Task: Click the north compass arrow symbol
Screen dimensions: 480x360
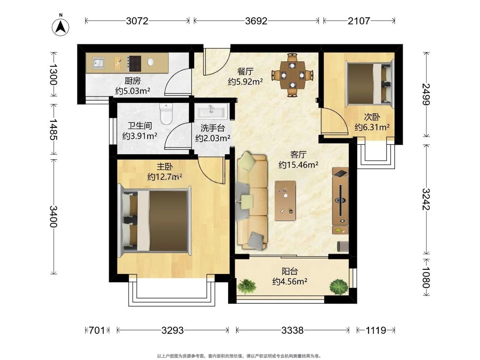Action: click(60, 27)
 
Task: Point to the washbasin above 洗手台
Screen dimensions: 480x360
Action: click(211, 111)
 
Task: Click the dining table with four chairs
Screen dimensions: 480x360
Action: click(292, 75)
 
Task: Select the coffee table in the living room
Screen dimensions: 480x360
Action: click(285, 200)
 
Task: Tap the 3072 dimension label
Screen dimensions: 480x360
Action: click(137, 21)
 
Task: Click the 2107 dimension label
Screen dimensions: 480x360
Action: click(359, 21)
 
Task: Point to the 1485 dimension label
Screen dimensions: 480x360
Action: click(53, 129)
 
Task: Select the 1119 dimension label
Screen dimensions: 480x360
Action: click(376, 330)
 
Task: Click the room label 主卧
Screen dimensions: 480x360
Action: click(165, 167)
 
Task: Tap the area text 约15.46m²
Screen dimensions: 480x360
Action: click(298, 165)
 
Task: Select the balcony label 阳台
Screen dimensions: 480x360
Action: click(290, 271)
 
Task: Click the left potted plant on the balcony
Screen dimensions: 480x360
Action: click(246, 286)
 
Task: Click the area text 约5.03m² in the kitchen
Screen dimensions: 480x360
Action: click(133, 91)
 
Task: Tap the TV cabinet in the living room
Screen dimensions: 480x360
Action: click(340, 200)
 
